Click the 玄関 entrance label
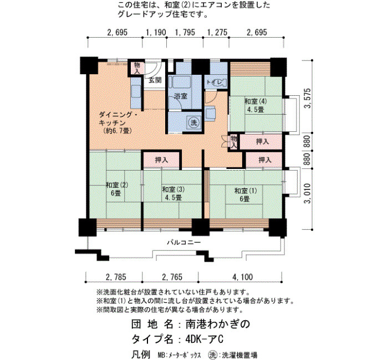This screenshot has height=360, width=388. [x=155, y=80]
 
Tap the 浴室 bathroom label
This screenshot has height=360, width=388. [x=180, y=96]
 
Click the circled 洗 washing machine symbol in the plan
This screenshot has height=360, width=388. [x=194, y=122]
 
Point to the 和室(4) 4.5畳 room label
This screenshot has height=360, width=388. [x=256, y=105]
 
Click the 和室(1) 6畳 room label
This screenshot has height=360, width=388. [x=246, y=194]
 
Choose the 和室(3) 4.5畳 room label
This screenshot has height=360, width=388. [x=173, y=193]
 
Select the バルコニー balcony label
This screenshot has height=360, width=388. [x=183, y=242]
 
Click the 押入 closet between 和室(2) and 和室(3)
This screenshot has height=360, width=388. [x=161, y=160]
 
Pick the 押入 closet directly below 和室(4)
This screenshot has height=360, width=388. [x=262, y=141]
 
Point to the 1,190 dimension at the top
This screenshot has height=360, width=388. [x=156, y=32]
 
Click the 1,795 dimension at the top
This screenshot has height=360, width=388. [x=185, y=32]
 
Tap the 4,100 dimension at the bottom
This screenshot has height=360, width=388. [x=243, y=277]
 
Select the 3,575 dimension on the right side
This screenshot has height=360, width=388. [x=308, y=98]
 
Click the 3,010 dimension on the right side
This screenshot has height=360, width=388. [x=307, y=193]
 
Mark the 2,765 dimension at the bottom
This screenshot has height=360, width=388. [x=172, y=277]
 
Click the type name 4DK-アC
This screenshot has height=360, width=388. [x=205, y=339]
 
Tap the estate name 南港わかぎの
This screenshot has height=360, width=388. [x=218, y=324]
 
